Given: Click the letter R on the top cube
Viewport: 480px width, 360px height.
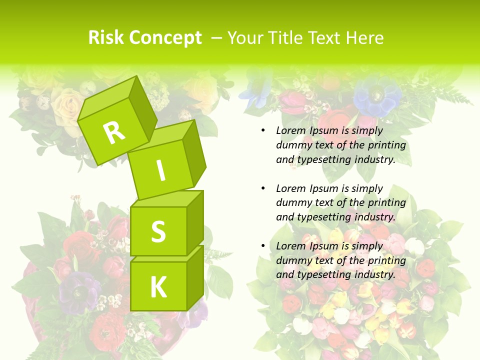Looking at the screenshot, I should [x=114, y=132].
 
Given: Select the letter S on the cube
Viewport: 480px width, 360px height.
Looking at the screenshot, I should [x=158, y=231].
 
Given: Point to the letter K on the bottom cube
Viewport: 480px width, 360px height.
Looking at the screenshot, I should [x=158, y=287].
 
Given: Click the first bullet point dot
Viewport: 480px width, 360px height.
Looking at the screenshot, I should [x=263, y=130].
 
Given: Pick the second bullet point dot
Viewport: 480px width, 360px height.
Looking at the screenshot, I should [x=263, y=188].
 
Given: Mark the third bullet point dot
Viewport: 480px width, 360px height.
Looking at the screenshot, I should [x=263, y=246].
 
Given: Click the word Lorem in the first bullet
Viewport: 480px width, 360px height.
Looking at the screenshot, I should [x=291, y=130].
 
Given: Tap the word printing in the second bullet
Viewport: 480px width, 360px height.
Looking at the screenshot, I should [x=386, y=203].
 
